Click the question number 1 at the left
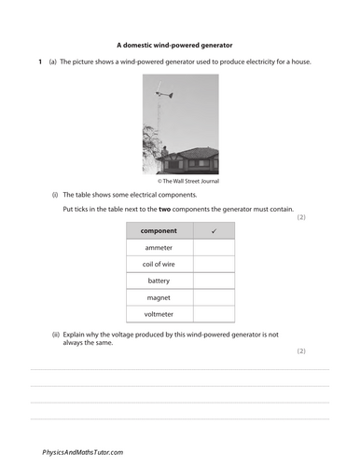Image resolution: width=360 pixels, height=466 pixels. click(39, 62)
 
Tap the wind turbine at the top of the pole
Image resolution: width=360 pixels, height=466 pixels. click(164, 92)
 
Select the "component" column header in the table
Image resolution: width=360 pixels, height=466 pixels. click(159, 230)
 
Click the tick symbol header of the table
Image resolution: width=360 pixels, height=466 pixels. click(214, 230)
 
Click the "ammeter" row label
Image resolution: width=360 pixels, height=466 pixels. click(159, 248)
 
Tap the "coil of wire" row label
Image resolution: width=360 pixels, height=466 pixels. click(159, 264)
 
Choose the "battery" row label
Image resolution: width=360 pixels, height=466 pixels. click(159, 281)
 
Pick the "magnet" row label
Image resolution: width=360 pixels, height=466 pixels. click(159, 297)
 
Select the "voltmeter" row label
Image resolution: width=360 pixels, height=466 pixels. click(159, 314)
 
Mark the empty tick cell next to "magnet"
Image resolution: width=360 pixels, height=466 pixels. click(214, 297)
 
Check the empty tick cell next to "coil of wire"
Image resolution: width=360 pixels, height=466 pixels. click(214, 264)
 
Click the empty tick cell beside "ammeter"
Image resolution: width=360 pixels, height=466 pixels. click(214, 248)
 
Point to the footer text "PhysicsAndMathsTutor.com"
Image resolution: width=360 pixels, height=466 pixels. click(83, 451)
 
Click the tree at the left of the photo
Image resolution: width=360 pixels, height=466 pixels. click(151, 149)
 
